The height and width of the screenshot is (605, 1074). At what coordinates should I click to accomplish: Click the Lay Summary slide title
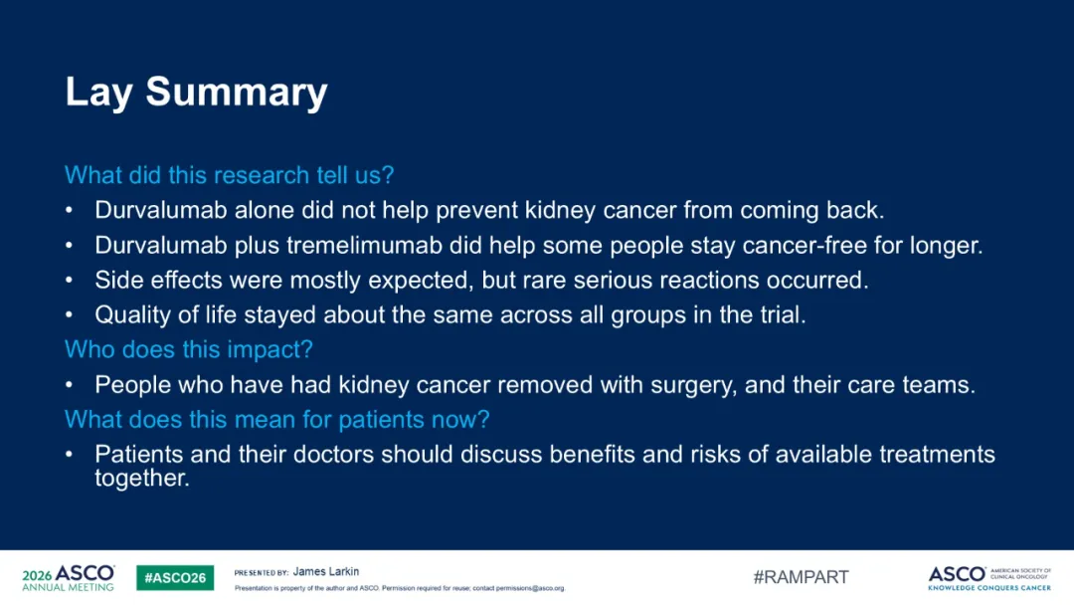click(197, 93)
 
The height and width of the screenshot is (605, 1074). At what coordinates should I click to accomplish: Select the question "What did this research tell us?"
click(230, 175)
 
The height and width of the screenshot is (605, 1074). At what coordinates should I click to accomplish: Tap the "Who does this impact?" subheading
click(189, 349)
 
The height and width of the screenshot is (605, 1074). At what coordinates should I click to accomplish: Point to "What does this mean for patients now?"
click(277, 419)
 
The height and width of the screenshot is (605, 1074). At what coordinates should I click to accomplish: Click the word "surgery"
click(693, 386)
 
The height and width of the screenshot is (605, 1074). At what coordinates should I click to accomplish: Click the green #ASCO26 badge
click(175, 577)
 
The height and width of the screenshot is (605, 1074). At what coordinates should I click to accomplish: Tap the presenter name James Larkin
click(326, 571)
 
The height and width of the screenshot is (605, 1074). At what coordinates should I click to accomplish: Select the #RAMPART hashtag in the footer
click(801, 577)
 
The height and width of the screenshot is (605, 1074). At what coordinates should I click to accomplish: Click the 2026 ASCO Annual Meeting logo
click(69, 578)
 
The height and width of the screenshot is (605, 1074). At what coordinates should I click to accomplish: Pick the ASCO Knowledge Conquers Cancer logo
click(989, 578)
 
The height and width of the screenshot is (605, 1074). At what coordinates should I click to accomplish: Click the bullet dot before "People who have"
click(70, 385)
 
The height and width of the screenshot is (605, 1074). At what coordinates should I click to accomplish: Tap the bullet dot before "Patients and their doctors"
click(70, 455)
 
